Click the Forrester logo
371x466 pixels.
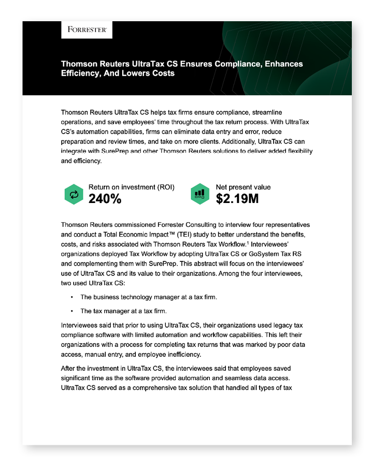[x=87, y=30]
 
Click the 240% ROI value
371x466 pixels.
[x=105, y=198]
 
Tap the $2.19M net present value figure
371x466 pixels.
[x=237, y=198]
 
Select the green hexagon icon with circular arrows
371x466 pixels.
[x=74, y=194]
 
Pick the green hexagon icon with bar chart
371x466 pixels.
[x=199, y=194]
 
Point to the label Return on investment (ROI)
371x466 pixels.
[x=131, y=187]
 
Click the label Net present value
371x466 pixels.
[x=243, y=187]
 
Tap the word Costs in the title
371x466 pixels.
[x=161, y=74]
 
